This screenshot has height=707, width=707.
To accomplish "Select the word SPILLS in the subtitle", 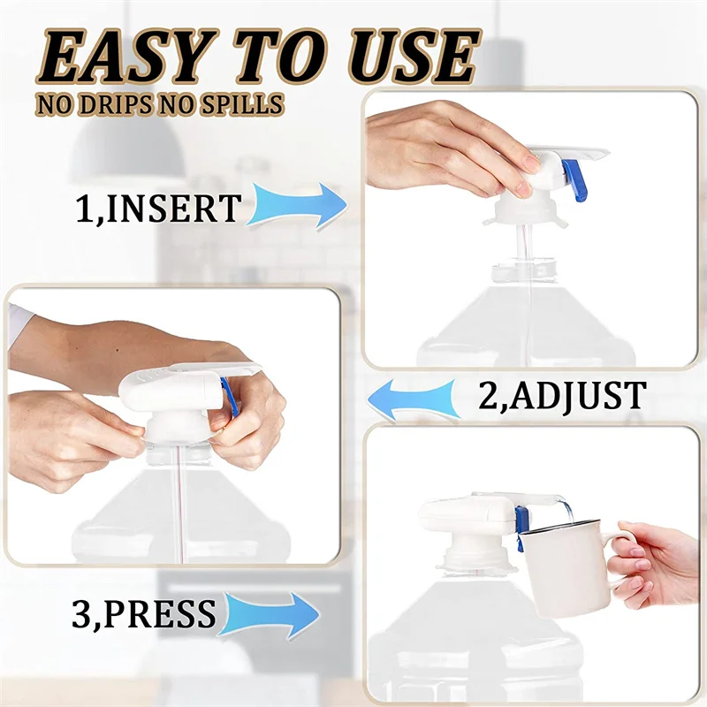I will pos(245,104).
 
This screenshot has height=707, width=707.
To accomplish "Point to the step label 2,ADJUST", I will pos(562,396).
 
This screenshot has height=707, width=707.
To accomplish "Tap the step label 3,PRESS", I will pos(143,613).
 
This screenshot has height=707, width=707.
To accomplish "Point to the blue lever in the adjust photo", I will pos(231,398).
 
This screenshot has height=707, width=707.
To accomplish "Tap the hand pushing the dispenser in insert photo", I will pos(442,146).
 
